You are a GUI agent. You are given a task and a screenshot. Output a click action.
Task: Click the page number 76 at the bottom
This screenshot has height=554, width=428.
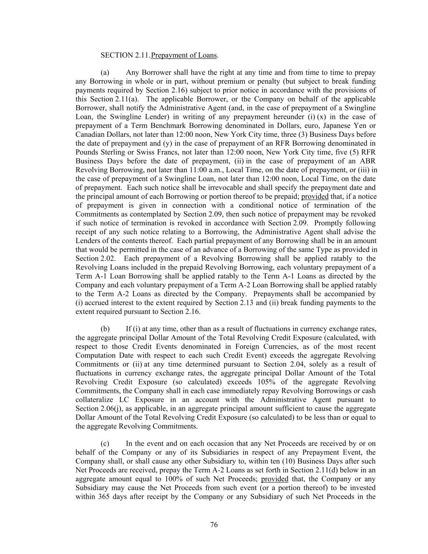point(214,525)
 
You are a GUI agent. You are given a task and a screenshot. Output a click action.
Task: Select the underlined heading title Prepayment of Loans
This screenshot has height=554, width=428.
point(184,55)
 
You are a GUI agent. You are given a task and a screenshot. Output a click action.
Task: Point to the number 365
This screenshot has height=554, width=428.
point(105,497)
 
